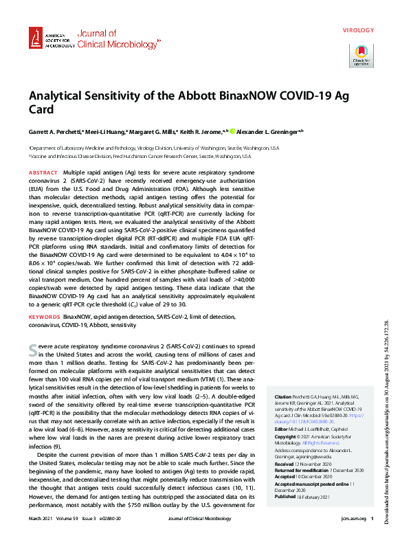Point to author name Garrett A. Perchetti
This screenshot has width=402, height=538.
58,131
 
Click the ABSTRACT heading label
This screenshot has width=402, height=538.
43,172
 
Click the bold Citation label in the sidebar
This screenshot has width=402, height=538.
284,397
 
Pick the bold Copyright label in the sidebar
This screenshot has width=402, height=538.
287,437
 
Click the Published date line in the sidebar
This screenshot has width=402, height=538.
311,495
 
